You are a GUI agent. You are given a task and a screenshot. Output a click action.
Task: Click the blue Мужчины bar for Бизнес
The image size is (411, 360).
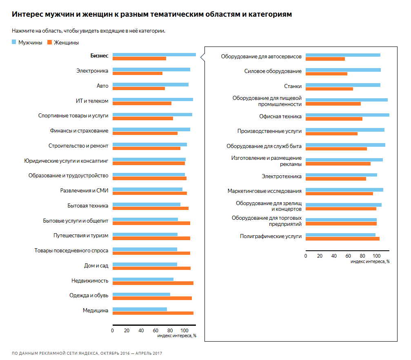click(154, 55)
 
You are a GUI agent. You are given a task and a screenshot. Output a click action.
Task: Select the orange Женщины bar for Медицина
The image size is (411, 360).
click(153, 313)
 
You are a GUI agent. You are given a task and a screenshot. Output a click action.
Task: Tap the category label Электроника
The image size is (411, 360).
click(92, 71)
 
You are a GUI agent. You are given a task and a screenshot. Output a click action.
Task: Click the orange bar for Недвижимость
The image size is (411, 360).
click(153, 283)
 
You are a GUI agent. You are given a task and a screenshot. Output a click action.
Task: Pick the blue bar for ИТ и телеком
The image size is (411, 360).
click(153, 99)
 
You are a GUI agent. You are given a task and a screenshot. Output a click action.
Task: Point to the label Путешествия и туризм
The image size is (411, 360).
click(81, 235)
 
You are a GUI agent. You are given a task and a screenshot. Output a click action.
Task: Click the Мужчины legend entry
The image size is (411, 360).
click(27, 42)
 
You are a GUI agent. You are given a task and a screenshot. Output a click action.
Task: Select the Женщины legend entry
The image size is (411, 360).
click(63, 42)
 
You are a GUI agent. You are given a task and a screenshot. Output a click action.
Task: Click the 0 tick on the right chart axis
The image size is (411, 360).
click(306, 256)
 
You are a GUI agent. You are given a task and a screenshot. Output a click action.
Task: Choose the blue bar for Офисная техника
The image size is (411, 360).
click(347, 115)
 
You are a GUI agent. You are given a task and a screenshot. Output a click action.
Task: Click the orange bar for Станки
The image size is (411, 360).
click(329, 89)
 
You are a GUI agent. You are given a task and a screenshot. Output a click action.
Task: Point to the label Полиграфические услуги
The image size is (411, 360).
click(271, 236)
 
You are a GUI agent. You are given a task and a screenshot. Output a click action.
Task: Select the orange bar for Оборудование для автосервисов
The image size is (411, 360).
click(325, 59)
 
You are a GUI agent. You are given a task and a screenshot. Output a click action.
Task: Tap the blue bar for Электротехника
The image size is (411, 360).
click(341, 175)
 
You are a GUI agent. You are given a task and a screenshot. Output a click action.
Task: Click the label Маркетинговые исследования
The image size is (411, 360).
click(264, 191)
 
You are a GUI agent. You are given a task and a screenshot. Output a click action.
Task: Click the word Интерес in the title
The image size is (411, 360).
click(27, 15)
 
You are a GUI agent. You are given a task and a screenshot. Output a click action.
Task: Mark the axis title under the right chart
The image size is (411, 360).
click(370, 261)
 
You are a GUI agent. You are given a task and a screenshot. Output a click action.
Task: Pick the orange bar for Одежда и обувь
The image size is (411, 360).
click(152, 298)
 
